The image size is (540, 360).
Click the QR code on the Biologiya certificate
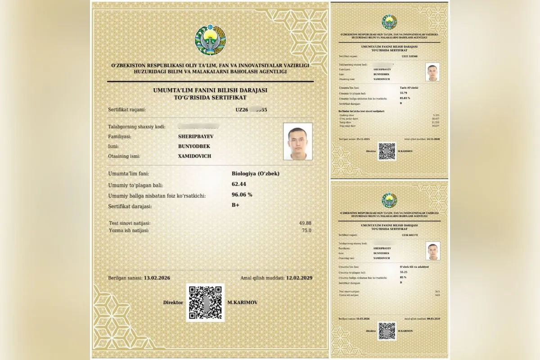[x=205, y=302]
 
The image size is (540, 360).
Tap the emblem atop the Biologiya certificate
[x=210, y=40]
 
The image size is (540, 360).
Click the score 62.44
[x=239, y=184]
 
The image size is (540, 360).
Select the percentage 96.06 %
[x=242, y=195]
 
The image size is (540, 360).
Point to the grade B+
[x=235, y=206]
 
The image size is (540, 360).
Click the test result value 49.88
[x=305, y=223]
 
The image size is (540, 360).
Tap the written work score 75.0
[x=306, y=230]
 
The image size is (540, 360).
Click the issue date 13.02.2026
[x=157, y=278]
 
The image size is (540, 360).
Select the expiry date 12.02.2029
[x=299, y=278]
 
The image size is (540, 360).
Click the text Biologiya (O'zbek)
[x=255, y=173]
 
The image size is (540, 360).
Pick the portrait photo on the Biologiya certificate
[x=297, y=141]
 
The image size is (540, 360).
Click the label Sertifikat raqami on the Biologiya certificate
[x=127, y=109]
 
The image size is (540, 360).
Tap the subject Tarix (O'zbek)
[x=409, y=87]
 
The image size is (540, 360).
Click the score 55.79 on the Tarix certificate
[x=403, y=92]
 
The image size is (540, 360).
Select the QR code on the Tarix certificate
[x=387, y=151]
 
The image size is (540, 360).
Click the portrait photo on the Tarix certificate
[x=432, y=72]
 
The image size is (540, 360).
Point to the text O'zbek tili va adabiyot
[x=414, y=267]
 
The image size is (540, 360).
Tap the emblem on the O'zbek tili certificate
[x=389, y=200]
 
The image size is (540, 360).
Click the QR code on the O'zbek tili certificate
[x=387, y=331]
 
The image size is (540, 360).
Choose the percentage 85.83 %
[x=405, y=98]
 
